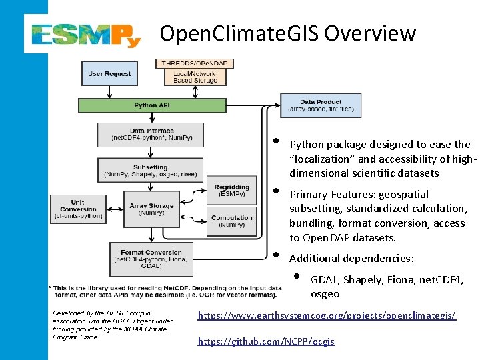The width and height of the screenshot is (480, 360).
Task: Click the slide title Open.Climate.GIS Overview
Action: click(288, 33)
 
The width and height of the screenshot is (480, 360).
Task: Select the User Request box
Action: click(109, 73)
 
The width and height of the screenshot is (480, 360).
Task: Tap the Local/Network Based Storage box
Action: click(195, 77)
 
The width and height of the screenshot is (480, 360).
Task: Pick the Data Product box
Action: click(321, 105)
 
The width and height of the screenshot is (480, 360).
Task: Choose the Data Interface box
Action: click(152, 134)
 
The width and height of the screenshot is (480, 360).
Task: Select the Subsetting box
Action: click(151, 170)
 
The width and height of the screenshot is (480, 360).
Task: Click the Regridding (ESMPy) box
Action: click(232, 190)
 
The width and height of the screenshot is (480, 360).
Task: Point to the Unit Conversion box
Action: click(77, 209)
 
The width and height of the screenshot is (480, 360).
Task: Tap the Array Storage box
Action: click(152, 209)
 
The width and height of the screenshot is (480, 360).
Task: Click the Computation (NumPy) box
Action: click(232, 221)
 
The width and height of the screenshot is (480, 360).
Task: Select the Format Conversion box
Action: click(151, 258)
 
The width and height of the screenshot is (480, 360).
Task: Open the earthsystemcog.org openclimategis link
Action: click(327, 315)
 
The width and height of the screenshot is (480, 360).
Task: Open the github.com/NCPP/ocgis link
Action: click(266, 341)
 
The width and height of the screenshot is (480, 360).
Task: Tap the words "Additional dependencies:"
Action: click(351, 258)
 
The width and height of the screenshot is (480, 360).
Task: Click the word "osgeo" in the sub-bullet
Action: click(325, 293)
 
